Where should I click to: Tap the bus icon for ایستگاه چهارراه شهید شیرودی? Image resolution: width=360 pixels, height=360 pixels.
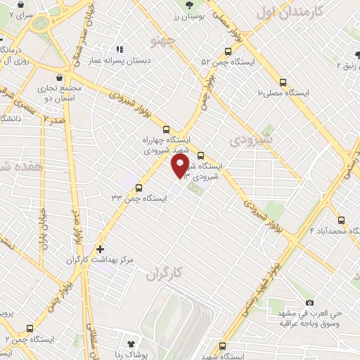pyautogui.click(x=166, y=129)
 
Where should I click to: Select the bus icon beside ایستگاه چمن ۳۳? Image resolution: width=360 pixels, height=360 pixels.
pyautogui.click(x=138, y=188)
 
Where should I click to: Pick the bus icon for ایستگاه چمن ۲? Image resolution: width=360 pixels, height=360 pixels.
pyautogui.click(x=30, y=328)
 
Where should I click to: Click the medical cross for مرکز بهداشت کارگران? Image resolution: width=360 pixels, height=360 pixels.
pyautogui.click(x=100, y=249)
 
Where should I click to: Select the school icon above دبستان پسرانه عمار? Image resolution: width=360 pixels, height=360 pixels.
pyautogui.click(x=119, y=50)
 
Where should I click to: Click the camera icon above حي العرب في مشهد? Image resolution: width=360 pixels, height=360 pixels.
pyautogui.click(x=309, y=302)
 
